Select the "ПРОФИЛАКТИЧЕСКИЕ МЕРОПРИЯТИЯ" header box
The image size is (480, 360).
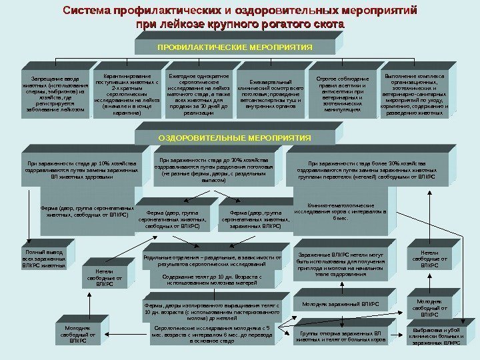pyautogui.click(x=225, y=48)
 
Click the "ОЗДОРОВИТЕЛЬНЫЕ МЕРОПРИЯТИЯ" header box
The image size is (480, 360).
pyautogui.click(x=225, y=137)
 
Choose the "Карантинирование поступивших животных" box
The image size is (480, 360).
pyautogui.click(x=127, y=94)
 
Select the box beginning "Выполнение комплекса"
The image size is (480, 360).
pyautogui.click(x=414, y=94)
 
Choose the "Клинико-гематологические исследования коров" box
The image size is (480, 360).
pyautogui.click(x=340, y=213)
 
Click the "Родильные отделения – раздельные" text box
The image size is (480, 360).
pyautogui.click(x=213, y=260)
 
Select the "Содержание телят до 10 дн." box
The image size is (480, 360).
pyautogui.click(x=213, y=279)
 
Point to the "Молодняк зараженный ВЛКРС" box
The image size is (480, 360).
pyautogui.click(x=340, y=304)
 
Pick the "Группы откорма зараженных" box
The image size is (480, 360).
pyautogui.click(x=340, y=335)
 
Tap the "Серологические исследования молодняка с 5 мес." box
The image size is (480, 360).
pyautogui.click(x=213, y=334)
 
